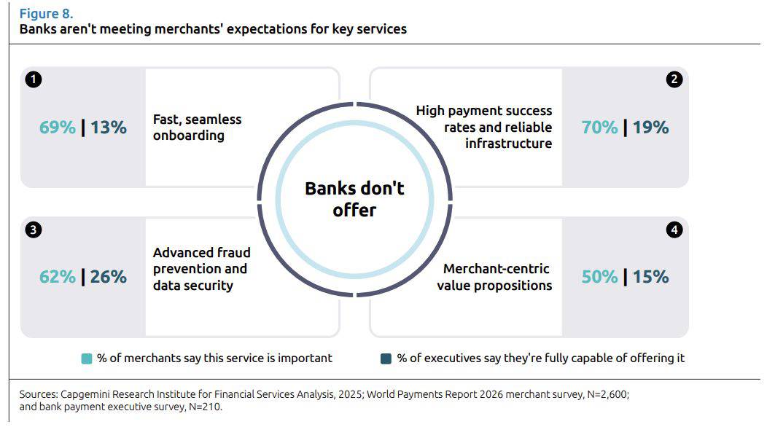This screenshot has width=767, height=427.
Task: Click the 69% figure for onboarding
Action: (x=57, y=128)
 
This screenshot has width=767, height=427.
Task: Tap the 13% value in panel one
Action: (x=109, y=128)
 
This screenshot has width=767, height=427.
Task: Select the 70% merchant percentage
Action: (x=600, y=128)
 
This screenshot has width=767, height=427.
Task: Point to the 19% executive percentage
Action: (x=650, y=128)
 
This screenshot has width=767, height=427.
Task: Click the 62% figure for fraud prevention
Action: (x=57, y=277)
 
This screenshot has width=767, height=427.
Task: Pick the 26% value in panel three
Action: (x=109, y=277)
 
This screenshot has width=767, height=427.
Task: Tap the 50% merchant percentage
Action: (x=600, y=277)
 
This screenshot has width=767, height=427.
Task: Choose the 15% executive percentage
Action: (x=650, y=277)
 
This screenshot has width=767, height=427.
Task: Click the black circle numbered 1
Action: (x=34, y=79)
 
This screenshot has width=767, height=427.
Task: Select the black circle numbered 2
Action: (x=674, y=79)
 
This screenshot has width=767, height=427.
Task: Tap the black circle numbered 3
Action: (x=34, y=230)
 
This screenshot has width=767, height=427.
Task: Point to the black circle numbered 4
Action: (x=674, y=230)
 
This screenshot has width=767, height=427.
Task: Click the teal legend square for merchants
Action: (x=87, y=359)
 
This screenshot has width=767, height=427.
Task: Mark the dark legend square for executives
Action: (x=386, y=359)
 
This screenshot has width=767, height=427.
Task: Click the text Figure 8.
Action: (x=47, y=14)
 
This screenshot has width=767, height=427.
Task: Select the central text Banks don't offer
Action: (x=354, y=199)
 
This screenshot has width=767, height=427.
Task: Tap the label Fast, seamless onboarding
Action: (x=197, y=128)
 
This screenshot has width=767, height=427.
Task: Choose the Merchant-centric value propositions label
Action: (x=494, y=277)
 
